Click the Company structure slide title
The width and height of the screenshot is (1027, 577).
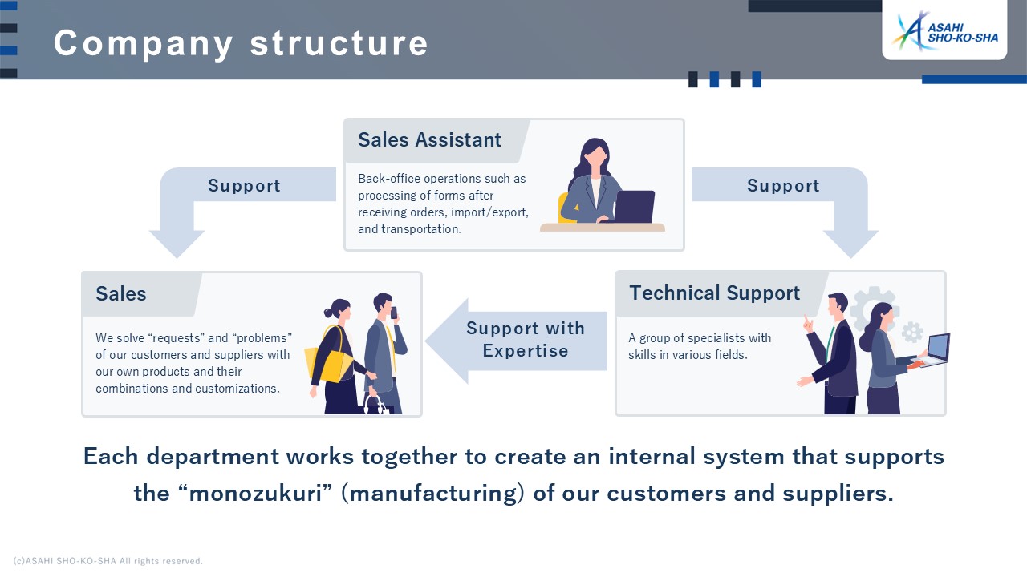tap(241, 43)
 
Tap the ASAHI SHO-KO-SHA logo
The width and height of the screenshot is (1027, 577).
tap(945, 31)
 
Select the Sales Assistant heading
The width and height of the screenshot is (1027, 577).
tap(429, 140)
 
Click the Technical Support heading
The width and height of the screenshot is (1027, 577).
tap(714, 293)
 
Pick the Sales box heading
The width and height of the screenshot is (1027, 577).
tap(121, 294)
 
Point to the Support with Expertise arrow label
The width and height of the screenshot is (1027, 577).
tap(526, 340)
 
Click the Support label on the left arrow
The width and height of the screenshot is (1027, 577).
tap(244, 185)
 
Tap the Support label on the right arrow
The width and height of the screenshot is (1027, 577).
tap(783, 185)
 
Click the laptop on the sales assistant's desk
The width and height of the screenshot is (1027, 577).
tap(634, 207)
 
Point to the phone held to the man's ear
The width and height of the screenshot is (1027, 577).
tap(393, 313)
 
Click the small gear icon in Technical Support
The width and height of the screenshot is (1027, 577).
tap(912, 332)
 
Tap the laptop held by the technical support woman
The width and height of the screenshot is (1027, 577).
tap(936, 350)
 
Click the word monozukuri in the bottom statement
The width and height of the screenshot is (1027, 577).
tap(256, 494)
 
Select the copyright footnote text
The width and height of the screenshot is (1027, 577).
tap(108, 561)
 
